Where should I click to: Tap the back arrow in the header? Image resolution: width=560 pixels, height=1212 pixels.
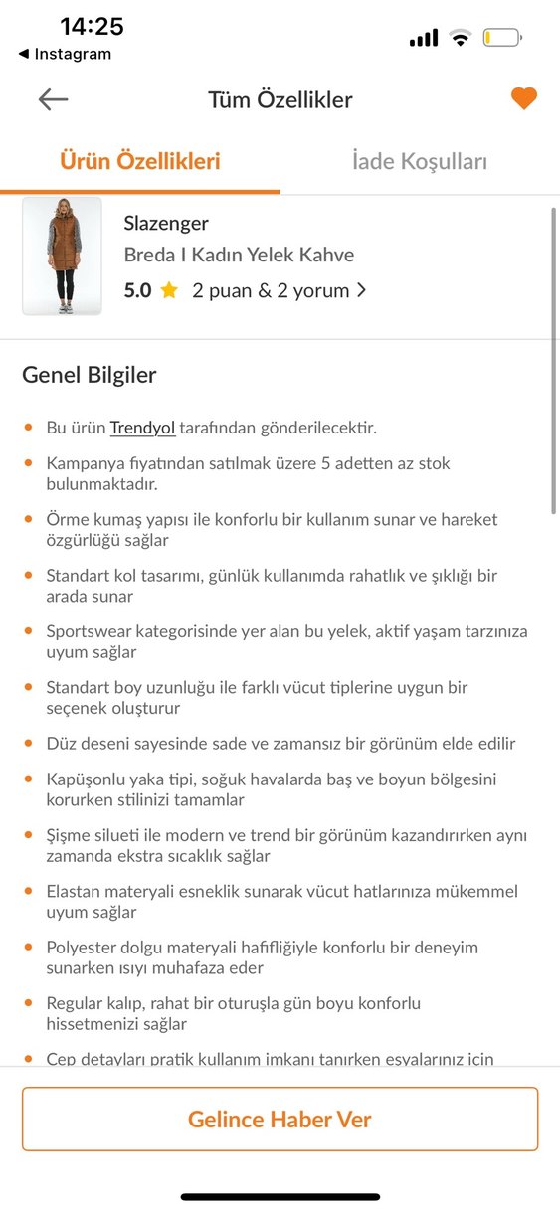pos(53,98)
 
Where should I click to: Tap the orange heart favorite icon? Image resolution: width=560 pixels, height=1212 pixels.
pos(524,98)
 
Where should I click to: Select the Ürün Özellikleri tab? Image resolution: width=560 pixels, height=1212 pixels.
pos(140,161)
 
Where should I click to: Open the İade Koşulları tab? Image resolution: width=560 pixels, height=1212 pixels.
pos(420,161)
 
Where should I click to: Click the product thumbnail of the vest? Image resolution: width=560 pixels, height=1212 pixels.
pos(62,256)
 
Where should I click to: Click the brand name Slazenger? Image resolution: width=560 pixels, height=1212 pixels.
pos(166,223)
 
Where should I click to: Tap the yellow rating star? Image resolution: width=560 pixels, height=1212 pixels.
pos(169,290)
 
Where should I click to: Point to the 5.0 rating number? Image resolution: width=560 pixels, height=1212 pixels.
pos(137,290)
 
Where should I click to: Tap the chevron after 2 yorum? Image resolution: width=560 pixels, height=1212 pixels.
pos(361,290)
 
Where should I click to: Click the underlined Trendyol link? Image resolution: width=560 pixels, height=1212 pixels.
pos(142,428)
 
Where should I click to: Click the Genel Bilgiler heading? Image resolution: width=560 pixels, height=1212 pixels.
pos(90,375)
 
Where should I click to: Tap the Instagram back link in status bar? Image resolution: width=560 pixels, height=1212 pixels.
pos(66,54)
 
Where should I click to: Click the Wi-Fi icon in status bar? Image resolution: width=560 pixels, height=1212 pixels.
pos(459,38)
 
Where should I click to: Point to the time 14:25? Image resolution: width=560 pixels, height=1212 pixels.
pos(92,26)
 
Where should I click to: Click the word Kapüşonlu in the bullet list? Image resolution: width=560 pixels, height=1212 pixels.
pos(87,779)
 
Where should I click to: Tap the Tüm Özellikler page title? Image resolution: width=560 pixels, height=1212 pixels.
pos(280,99)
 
